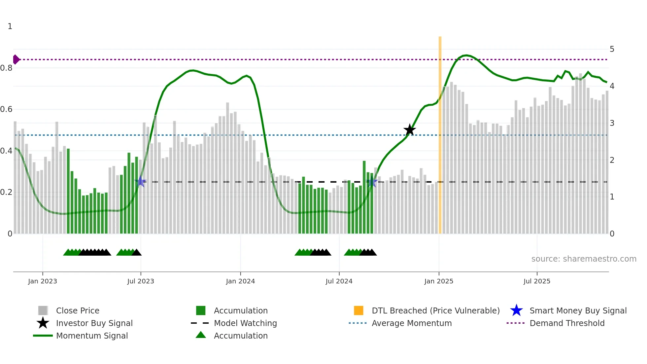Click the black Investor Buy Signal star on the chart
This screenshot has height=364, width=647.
(x=409, y=130)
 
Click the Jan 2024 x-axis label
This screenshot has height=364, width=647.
(x=240, y=281)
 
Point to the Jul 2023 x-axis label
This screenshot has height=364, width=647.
(x=141, y=281)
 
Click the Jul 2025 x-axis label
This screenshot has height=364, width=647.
(x=537, y=281)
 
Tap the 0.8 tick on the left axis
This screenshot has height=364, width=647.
(x=6, y=68)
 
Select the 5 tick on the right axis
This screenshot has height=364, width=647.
(x=612, y=49)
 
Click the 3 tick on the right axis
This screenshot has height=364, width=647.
(x=612, y=123)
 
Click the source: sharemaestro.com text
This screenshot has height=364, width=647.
(x=584, y=259)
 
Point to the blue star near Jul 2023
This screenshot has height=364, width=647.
(x=141, y=181)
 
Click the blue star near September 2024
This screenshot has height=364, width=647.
(x=372, y=182)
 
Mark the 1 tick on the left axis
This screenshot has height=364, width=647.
(x=10, y=26)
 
